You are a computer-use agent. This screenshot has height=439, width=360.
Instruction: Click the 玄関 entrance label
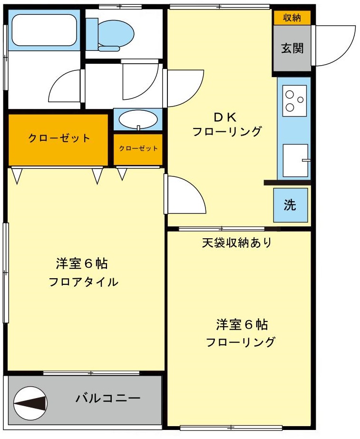(x=292, y=49)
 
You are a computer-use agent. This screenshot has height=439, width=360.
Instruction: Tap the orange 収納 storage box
(x=292, y=18)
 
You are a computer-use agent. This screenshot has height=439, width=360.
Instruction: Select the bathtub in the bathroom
(x=44, y=30)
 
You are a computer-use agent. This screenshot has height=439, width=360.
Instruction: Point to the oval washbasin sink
(x=138, y=119)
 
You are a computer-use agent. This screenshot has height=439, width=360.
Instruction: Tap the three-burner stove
(x=294, y=100)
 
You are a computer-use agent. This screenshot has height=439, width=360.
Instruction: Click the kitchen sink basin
(x=295, y=160)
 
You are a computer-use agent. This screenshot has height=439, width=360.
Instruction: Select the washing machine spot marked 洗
(x=291, y=205)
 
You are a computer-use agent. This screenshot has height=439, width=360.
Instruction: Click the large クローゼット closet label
(x=59, y=138)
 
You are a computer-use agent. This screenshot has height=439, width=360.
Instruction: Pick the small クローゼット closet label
(x=138, y=148)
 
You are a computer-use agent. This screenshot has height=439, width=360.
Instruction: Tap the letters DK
(x=225, y=117)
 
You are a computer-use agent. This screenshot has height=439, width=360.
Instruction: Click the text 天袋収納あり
(x=236, y=243)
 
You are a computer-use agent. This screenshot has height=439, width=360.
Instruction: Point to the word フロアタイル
(x=83, y=282)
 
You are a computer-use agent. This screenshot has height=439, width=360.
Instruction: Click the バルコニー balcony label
(x=108, y=398)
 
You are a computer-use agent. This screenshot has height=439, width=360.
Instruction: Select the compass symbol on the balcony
(x=30, y=403)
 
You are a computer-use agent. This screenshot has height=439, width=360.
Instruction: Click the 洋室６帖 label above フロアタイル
(x=82, y=263)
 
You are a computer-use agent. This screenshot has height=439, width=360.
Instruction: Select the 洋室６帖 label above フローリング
(x=242, y=324)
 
